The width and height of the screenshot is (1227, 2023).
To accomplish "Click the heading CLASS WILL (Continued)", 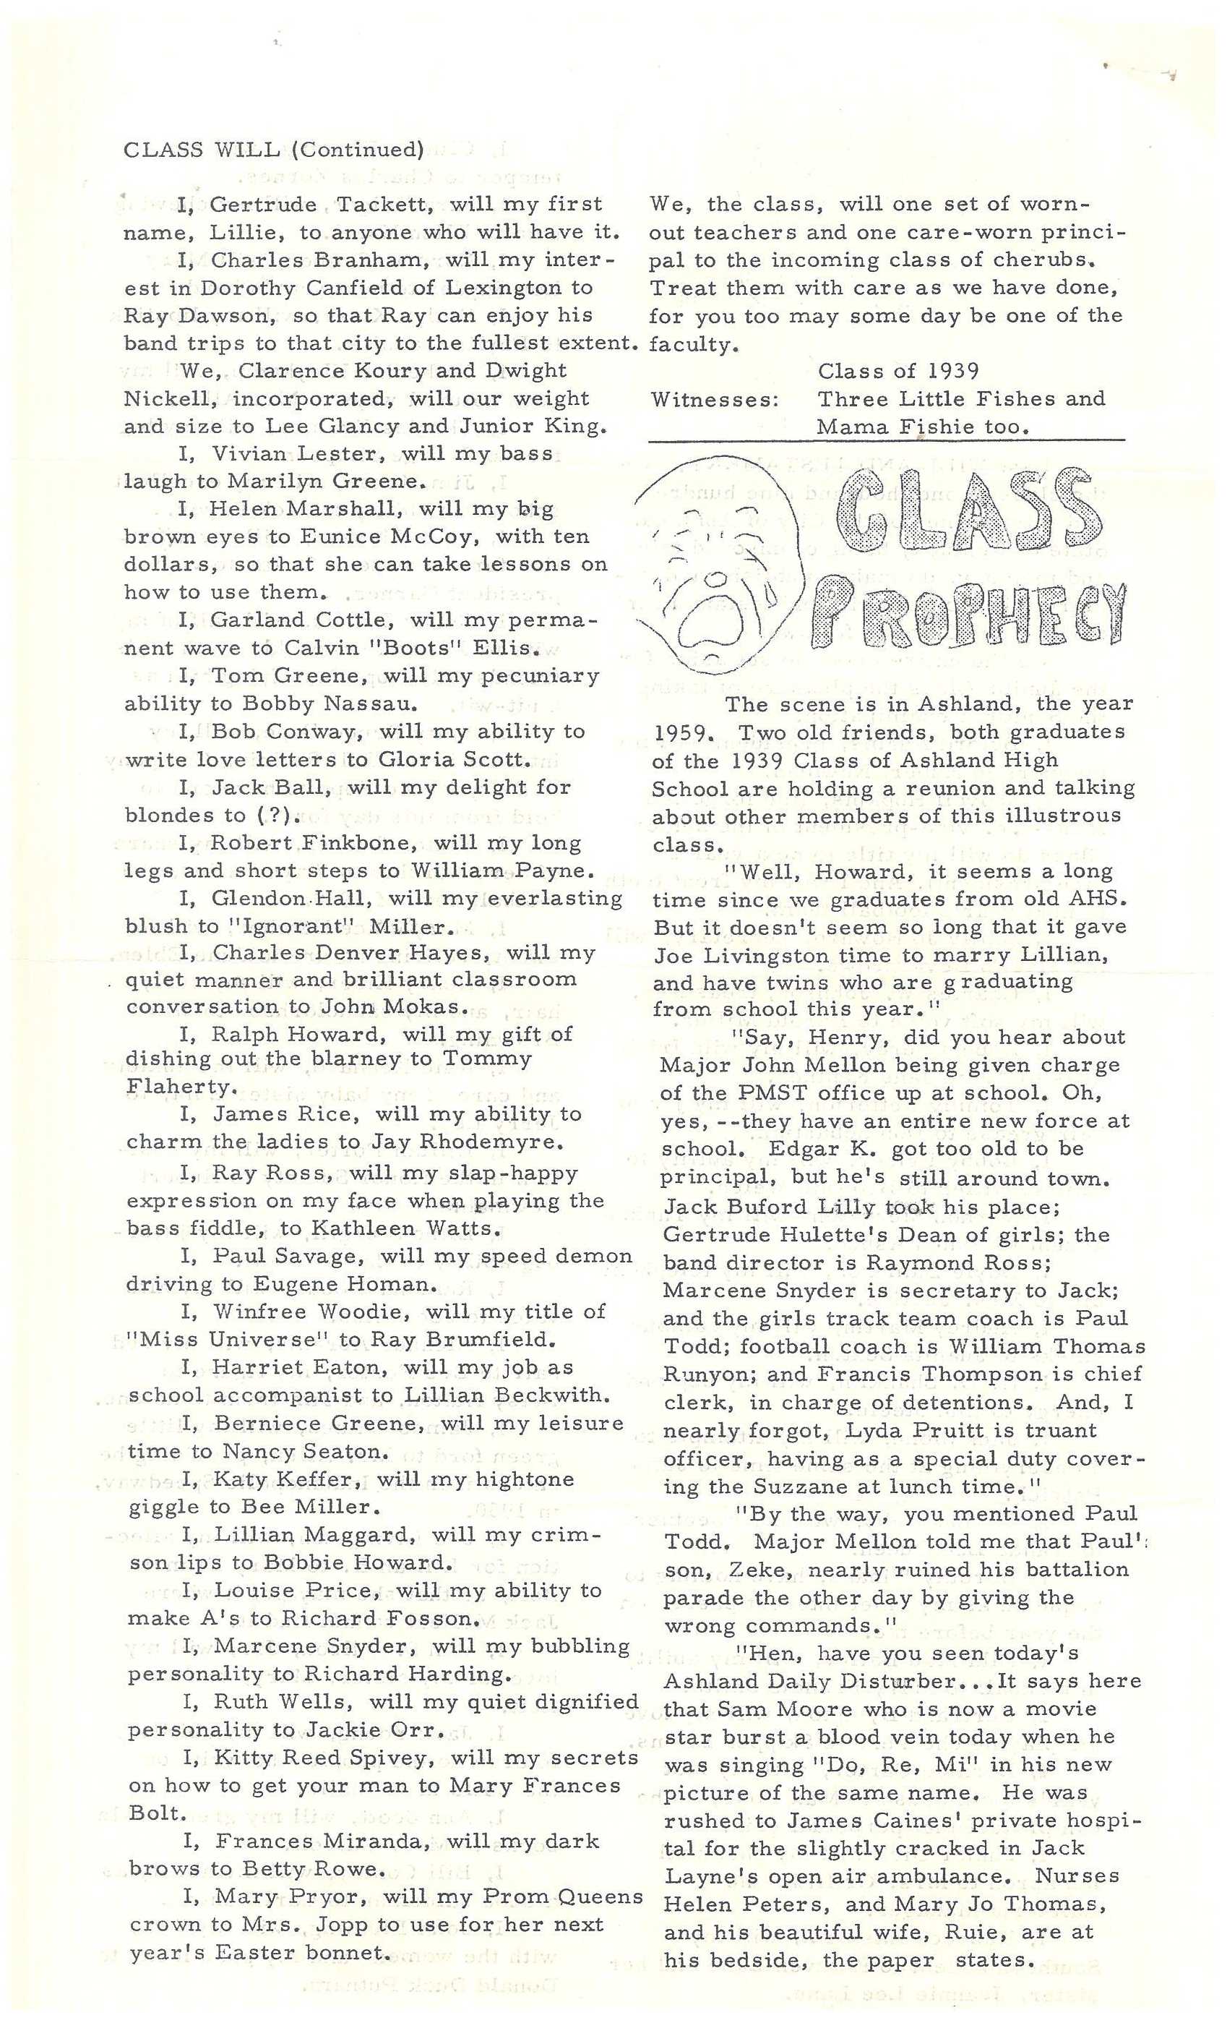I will tap(273, 150).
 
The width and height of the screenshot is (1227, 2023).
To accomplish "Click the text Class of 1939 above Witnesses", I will tap(898, 371).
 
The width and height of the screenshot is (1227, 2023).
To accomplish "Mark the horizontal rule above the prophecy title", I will tap(887, 441).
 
